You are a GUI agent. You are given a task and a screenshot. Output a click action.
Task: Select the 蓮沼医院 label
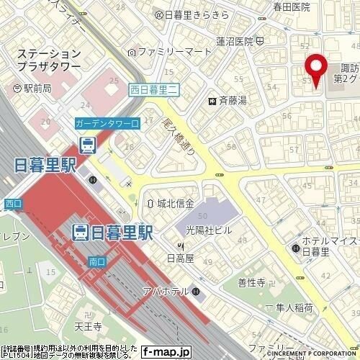click(236, 41)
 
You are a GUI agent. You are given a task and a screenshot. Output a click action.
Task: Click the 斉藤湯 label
click(232, 100)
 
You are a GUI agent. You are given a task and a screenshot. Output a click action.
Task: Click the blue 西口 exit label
click(13, 204)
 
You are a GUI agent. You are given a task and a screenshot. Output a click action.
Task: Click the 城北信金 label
click(171, 203)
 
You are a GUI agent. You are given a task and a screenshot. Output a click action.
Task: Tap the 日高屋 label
click(180, 256)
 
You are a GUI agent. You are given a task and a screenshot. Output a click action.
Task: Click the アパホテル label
click(169, 291)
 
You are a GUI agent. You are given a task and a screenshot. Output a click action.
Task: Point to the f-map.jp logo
click(165, 352)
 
